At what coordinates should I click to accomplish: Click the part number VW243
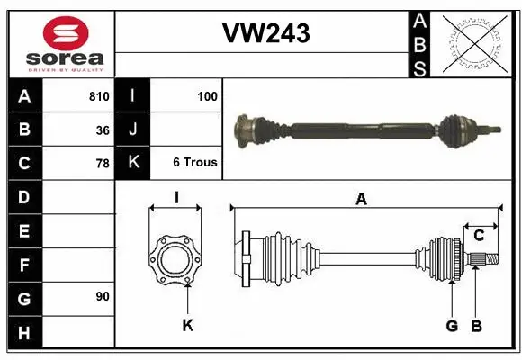(x=265, y=34)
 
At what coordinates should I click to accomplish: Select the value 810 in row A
(x=99, y=96)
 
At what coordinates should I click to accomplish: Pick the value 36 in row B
(x=103, y=130)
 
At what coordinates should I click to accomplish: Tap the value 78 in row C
(x=103, y=164)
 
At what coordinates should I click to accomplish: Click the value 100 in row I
(x=207, y=96)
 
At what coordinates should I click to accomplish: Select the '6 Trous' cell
(x=194, y=163)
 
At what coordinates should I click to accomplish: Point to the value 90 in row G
(x=103, y=296)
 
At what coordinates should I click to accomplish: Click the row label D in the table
(x=24, y=196)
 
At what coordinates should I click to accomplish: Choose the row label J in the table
(x=133, y=130)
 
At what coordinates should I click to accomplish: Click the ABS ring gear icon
(x=474, y=43)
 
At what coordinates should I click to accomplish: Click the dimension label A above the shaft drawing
(x=362, y=200)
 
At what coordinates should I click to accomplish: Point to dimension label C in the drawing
(x=479, y=235)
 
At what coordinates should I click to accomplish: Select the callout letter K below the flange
(x=187, y=325)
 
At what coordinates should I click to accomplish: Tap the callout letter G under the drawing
(x=452, y=325)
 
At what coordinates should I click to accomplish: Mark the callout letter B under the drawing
(x=477, y=325)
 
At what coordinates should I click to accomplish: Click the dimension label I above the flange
(x=176, y=197)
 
